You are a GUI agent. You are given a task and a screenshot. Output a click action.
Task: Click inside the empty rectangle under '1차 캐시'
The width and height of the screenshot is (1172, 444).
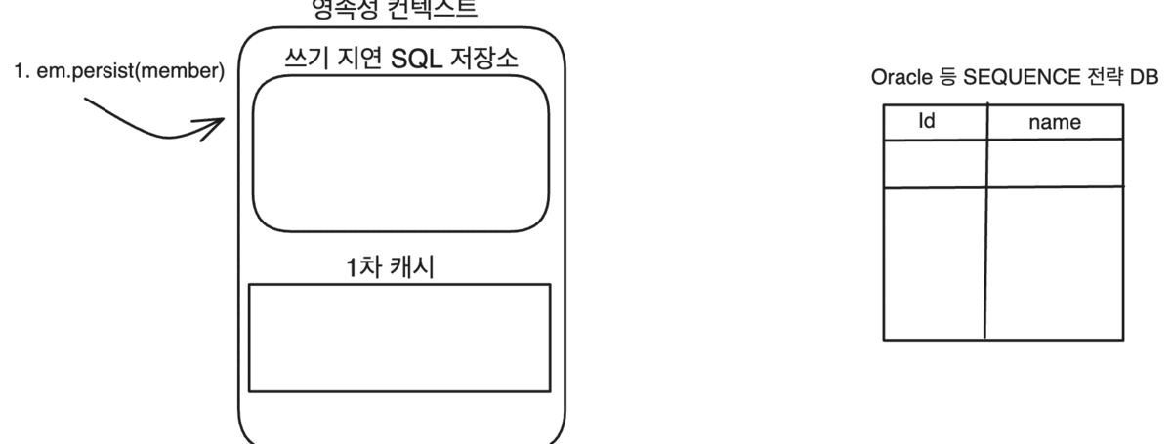click(399, 338)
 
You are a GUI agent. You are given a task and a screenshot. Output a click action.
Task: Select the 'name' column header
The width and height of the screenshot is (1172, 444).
click(1055, 123)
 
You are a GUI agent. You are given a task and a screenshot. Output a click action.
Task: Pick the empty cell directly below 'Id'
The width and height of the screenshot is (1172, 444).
click(935, 163)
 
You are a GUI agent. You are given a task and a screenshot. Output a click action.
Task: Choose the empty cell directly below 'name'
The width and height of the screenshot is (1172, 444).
click(1055, 163)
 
